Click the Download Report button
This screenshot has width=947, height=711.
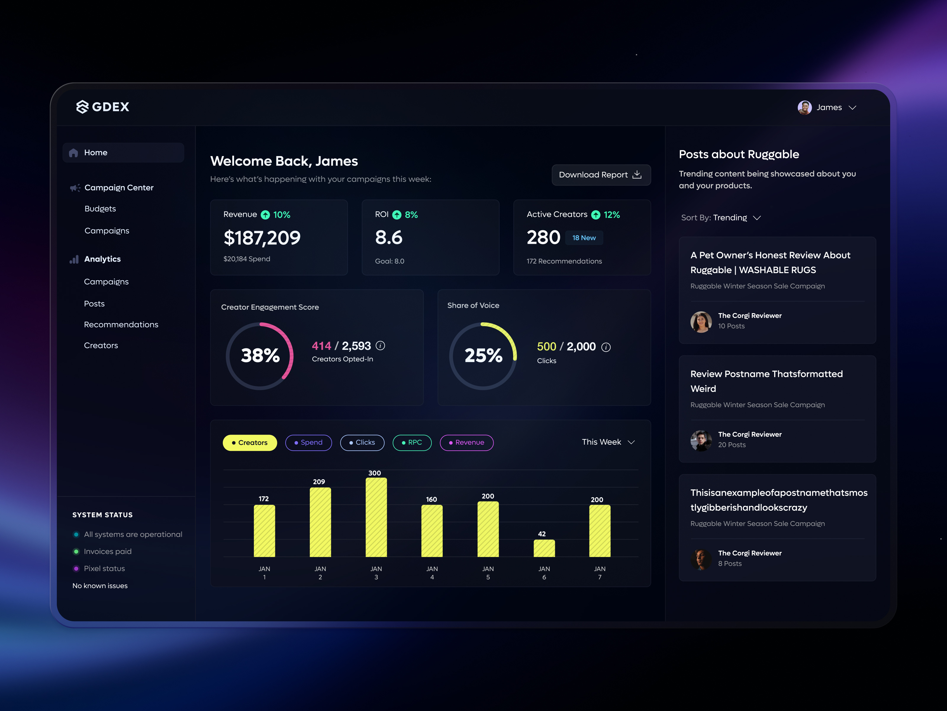click(x=601, y=175)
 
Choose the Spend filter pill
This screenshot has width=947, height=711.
click(x=308, y=443)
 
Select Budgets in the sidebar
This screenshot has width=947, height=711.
click(x=100, y=209)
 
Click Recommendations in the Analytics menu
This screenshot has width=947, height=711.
click(x=121, y=324)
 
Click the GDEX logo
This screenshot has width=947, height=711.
click(x=103, y=107)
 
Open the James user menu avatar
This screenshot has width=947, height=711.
click(x=804, y=108)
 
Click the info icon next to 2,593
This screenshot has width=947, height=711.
click(x=380, y=345)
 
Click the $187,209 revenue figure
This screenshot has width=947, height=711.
click(x=262, y=238)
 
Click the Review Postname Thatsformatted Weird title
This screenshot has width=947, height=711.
click(x=766, y=381)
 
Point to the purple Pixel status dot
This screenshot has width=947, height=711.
click(x=76, y=569)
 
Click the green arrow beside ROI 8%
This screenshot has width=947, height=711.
click(x=397, y=215)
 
